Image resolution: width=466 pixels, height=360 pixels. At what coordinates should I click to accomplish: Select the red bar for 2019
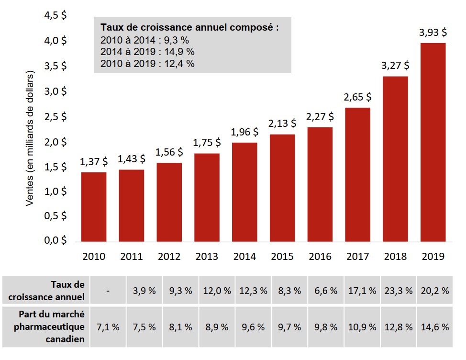tap(433, 142)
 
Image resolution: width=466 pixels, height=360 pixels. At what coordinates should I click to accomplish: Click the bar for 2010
tap(94, 207)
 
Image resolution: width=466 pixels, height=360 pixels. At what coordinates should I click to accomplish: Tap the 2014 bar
tap(244, 192)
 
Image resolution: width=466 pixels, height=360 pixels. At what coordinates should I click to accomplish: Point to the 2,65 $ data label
tap(357, 97)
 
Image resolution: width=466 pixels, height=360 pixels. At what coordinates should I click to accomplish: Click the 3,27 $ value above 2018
tap(395, 65)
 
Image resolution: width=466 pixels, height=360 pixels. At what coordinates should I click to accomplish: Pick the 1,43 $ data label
tap(132, 159)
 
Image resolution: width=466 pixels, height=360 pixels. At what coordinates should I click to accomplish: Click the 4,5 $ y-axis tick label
tap(55, 15)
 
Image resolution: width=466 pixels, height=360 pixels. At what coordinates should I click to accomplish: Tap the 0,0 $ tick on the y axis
tap(55, 241)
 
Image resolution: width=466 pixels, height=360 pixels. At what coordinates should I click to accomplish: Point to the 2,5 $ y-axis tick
tap(55, 116)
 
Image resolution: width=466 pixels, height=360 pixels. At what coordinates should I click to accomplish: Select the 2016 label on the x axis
tap(320, 257)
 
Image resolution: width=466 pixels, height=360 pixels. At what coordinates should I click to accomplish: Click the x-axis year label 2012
tap(169, 257)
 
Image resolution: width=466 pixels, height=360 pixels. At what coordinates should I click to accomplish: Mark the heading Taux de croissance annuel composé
tap(189, 27)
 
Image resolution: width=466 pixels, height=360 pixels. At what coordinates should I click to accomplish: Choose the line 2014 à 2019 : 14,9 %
tap(147, 52)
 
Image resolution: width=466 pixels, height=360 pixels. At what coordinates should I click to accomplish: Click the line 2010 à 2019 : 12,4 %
tap(147, 63)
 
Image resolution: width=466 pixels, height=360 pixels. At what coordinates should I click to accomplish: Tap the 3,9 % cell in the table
tap(144, 291)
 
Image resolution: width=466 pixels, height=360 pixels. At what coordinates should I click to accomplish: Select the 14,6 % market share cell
tap(435, 327)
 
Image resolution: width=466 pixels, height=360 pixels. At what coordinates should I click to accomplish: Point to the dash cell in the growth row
tap(109, 291)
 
